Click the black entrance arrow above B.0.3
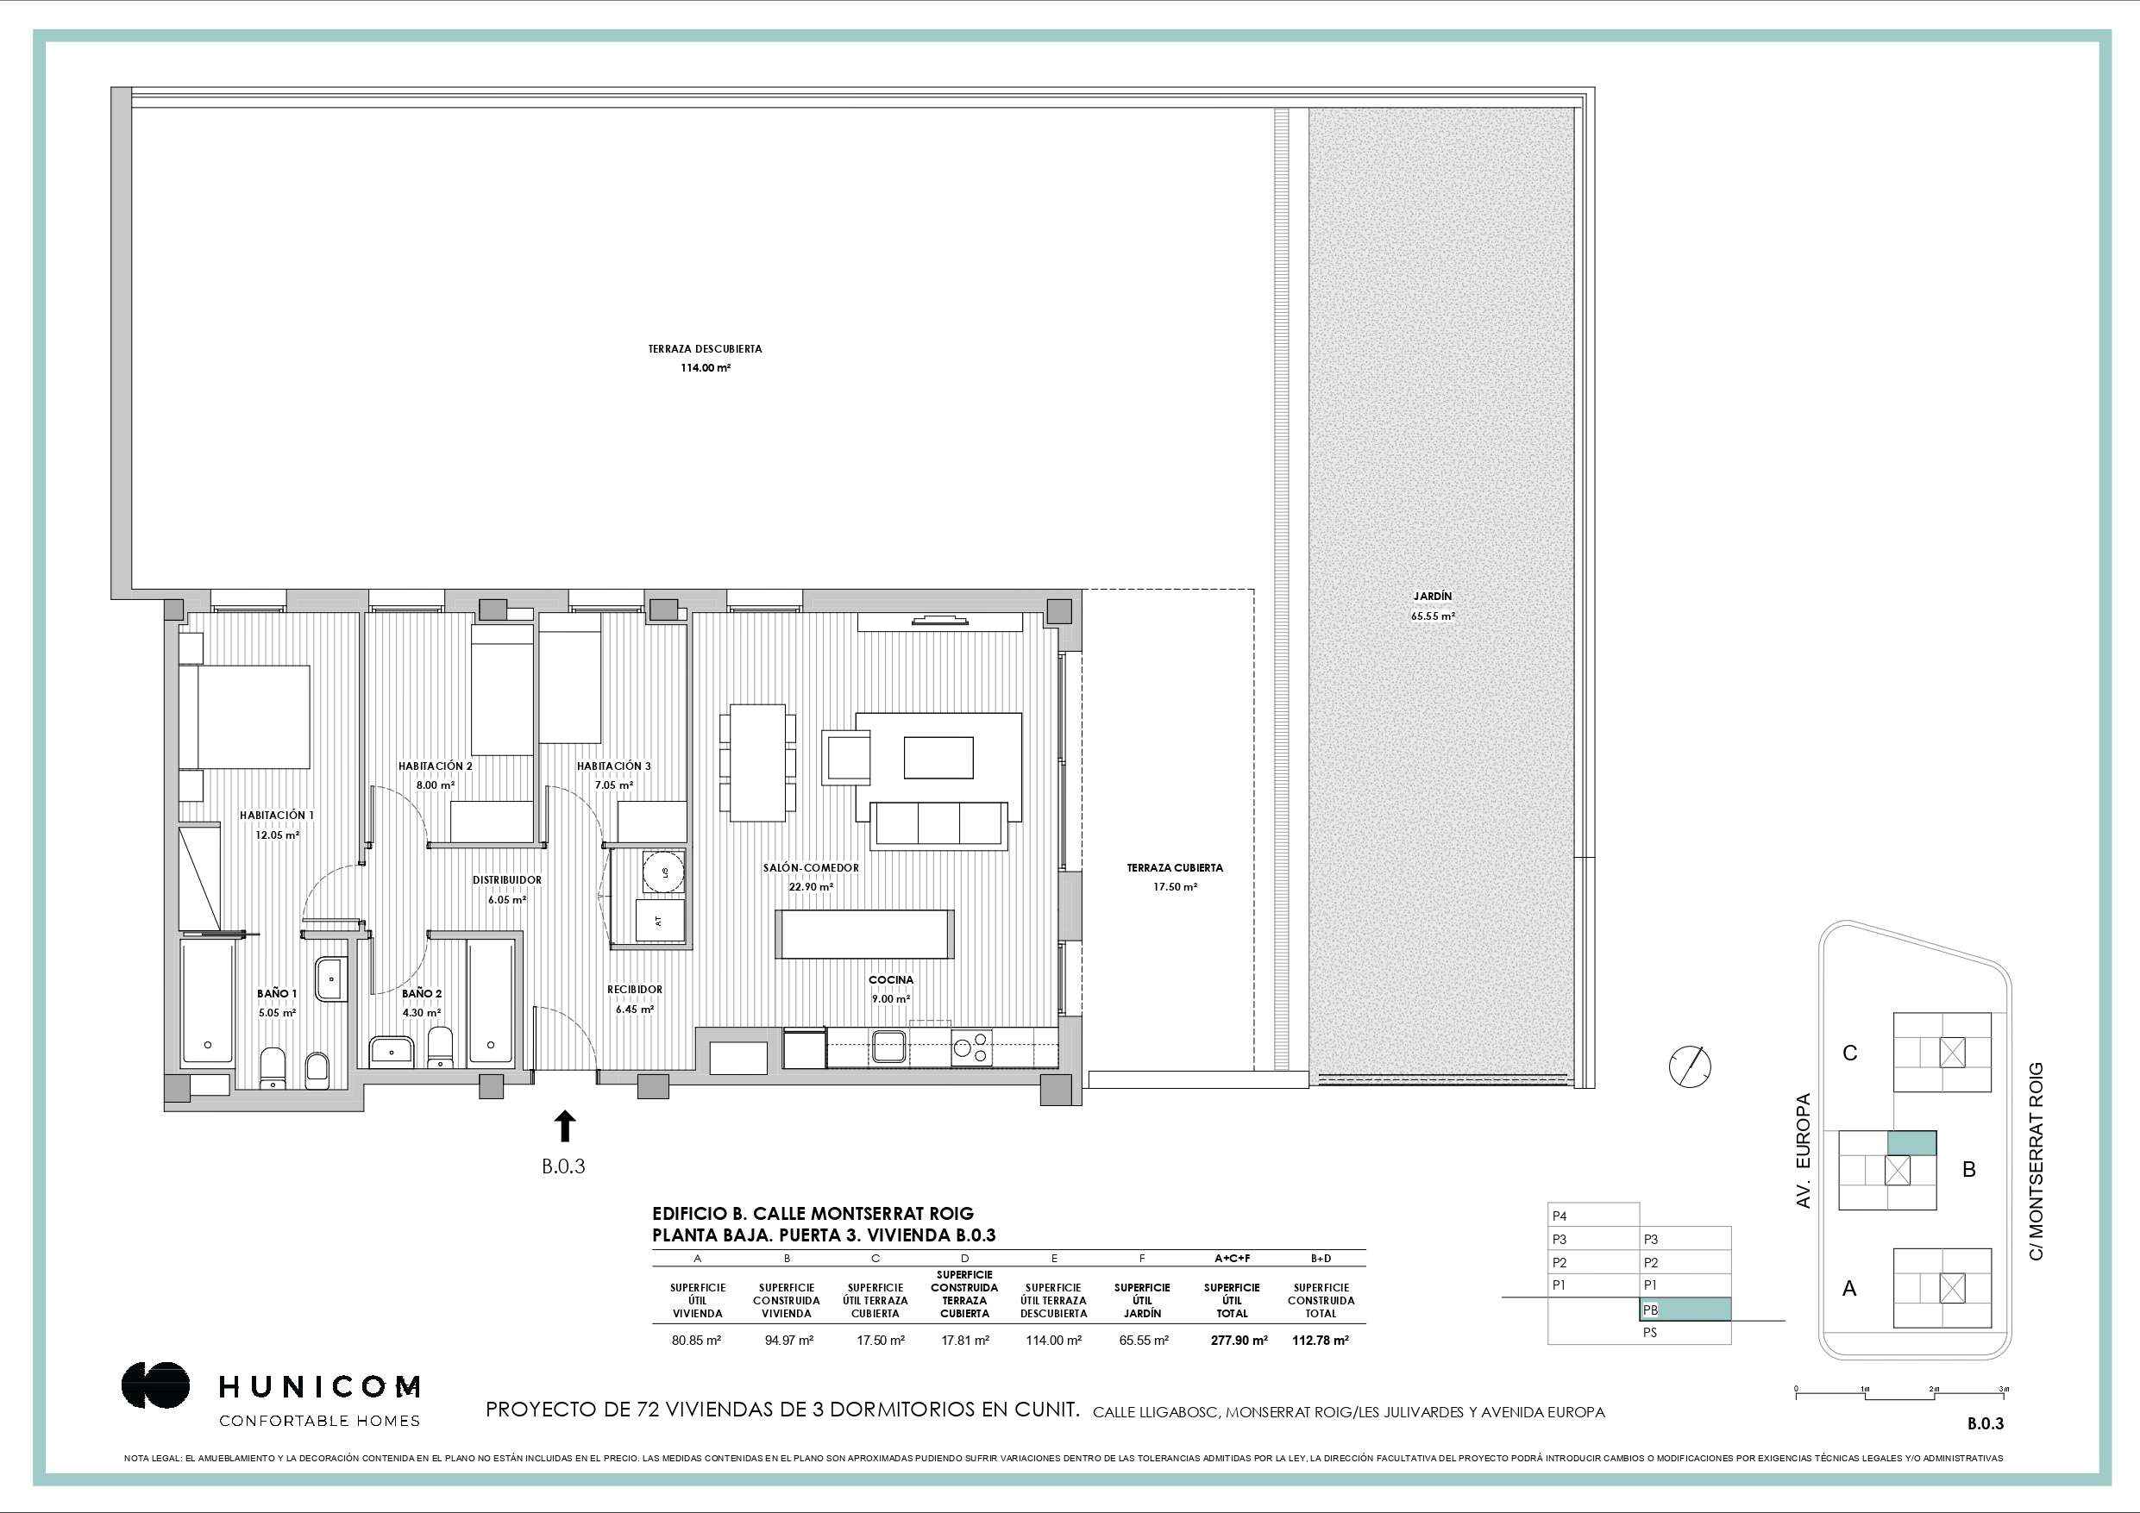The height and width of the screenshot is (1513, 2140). (x=565, y=1125)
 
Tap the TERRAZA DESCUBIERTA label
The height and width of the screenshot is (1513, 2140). (x=706, y=349)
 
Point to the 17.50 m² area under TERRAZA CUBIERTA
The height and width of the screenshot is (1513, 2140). (x=1175, y=887)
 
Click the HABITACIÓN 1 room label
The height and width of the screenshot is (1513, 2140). (x=277, y=816)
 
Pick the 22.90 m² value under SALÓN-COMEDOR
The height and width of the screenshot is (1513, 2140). (x=811, y=887)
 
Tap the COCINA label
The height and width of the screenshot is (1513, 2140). (x=891, y=980)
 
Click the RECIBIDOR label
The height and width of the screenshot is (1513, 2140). (x=635, y=990)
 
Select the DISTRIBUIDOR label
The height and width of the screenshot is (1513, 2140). (x=507, y=880)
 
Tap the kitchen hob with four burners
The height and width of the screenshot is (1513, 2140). (x=972, y=1048)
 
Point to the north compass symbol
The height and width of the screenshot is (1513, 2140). (x=1691, y=1066)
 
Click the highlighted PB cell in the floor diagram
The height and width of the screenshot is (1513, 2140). (x=1685, y=1309)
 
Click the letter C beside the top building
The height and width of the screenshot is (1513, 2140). (x=1850, y=1053)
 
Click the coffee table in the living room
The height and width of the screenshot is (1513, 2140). (x=938, y=758)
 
